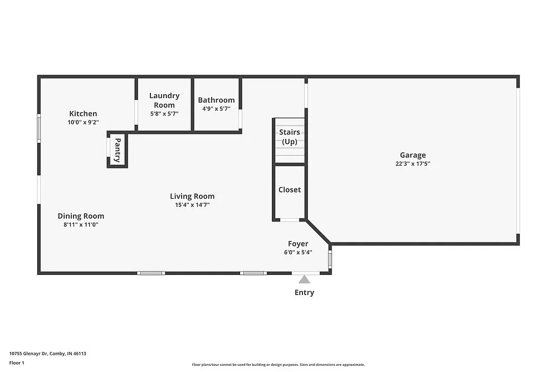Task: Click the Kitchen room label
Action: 83,114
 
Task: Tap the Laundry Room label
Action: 164,100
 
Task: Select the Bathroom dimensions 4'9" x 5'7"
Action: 216,109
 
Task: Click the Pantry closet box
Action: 118,150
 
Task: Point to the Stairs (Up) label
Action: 290,137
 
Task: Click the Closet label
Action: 290,190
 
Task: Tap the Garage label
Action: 413,155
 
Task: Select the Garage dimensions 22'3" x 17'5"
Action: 413,164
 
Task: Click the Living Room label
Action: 192,196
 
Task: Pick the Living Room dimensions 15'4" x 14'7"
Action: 192,205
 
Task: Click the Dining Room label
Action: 81,216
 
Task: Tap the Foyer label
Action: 298,244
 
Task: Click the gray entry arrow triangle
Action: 304,279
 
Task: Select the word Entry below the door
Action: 304,292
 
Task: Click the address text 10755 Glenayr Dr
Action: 47,353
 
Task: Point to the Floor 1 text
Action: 17,363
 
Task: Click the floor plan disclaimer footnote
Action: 278,365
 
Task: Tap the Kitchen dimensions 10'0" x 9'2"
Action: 83,122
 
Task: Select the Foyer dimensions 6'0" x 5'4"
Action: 298,252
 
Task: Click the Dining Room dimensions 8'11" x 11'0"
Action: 81,225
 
